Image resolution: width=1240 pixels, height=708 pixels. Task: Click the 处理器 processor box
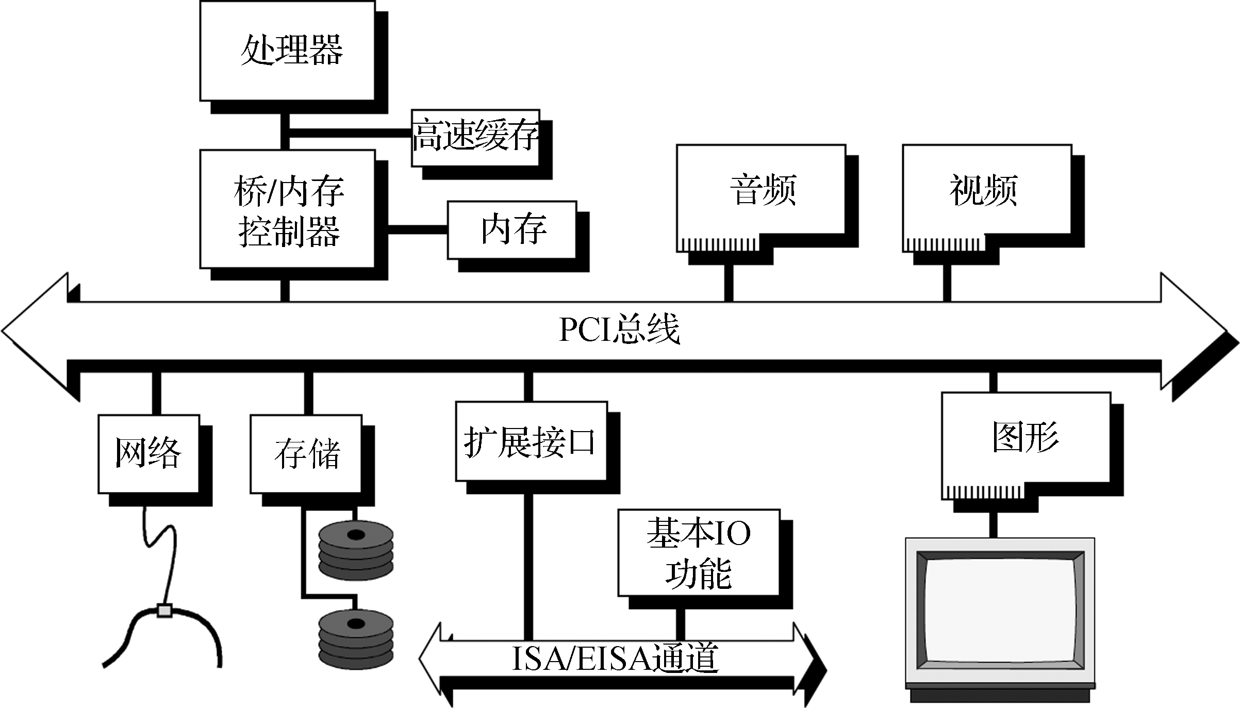[x=287, y=51]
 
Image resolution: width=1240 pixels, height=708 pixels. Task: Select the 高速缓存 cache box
[x=475, y=137]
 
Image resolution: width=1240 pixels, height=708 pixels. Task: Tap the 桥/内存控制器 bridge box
[x=287, y=209]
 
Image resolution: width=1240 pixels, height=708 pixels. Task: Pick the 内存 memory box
[x=511, y=230]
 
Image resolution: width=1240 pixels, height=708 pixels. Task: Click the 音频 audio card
[x=760, y=191]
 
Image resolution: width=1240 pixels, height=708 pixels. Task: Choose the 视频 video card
[x=986, y=191]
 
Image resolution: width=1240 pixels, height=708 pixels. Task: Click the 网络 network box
[x=148, y=453]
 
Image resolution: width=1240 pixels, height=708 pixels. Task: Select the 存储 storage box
[x=306, y=453]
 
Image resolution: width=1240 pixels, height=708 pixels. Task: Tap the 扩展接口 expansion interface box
[x=531, y=441]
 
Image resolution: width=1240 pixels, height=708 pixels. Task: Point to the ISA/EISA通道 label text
[x=615, y=658]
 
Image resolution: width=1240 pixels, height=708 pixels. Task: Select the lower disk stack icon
[x=356, y=639]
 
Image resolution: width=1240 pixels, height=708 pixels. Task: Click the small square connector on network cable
[x=164, y=611]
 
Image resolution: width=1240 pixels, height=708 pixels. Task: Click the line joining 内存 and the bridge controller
[x=417, y=230]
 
